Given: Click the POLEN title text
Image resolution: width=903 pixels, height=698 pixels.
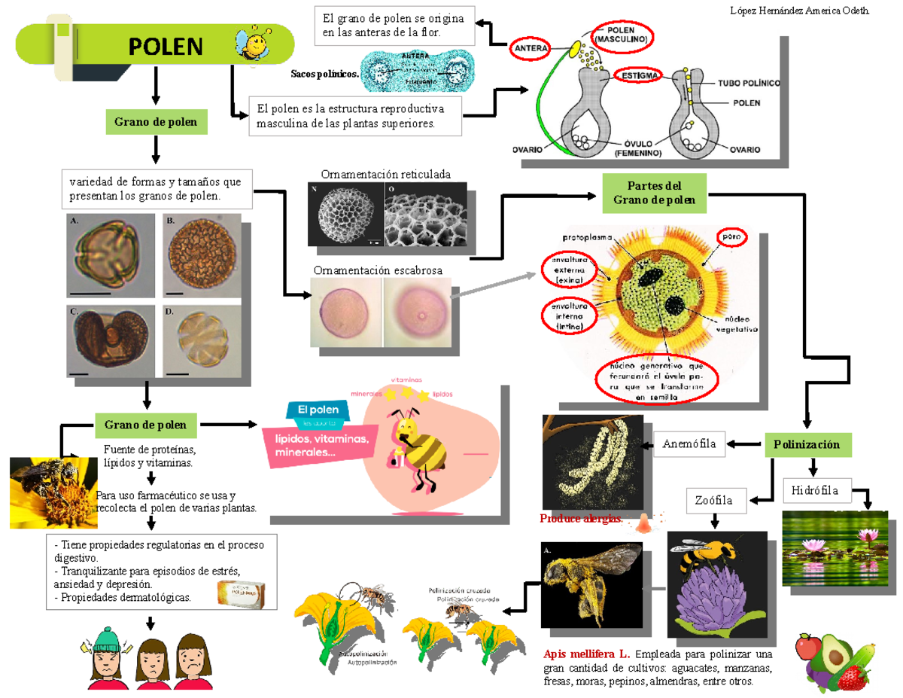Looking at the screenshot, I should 165,47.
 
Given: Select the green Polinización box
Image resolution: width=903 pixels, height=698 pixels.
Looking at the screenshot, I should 808,444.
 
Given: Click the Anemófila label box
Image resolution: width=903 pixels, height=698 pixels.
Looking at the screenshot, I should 689,444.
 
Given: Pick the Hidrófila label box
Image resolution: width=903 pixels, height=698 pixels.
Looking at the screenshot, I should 816,491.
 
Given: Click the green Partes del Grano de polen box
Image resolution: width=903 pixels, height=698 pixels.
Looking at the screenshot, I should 653,193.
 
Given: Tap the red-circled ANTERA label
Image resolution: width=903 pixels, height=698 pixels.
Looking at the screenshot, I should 531,48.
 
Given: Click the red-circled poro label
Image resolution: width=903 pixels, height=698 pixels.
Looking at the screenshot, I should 731,237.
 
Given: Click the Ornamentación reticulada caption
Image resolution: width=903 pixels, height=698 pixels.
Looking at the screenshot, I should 385,174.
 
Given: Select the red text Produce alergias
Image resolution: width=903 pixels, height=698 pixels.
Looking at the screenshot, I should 580,519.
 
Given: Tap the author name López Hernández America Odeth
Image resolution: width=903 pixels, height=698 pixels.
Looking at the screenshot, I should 800,11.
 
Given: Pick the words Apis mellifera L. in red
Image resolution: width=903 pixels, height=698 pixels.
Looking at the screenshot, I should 586,653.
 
